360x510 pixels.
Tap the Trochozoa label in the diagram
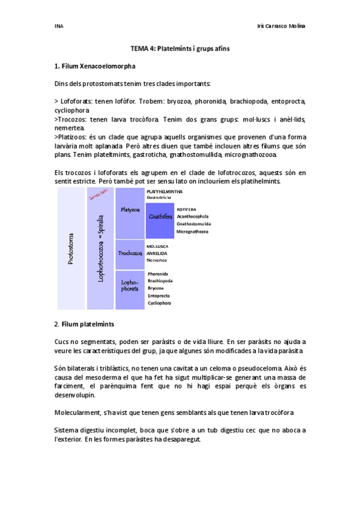point(130,253)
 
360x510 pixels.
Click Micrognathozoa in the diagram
point(192,232)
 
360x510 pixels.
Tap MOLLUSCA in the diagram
point(157,247)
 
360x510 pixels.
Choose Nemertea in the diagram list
point(157,260)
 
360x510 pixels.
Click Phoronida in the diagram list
point(158,274)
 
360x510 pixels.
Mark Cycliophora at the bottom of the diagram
point(159,303)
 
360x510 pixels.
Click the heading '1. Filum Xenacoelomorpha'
point(94,66)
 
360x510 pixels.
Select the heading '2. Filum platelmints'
point(84,324)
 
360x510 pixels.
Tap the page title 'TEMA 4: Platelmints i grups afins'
point(180,48)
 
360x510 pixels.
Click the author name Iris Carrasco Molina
point(280,26)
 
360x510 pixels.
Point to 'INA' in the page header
point(58,26)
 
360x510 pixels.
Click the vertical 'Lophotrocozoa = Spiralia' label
point(100,248)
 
